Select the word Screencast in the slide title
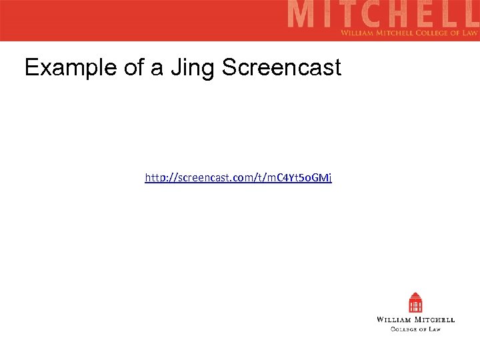pos(281,67)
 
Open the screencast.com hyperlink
pos(239,177)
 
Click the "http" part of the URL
pos(155,177)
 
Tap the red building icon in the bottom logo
pos(416,303)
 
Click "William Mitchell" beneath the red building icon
pos(416,320)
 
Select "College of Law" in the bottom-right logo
pos(416,329)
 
